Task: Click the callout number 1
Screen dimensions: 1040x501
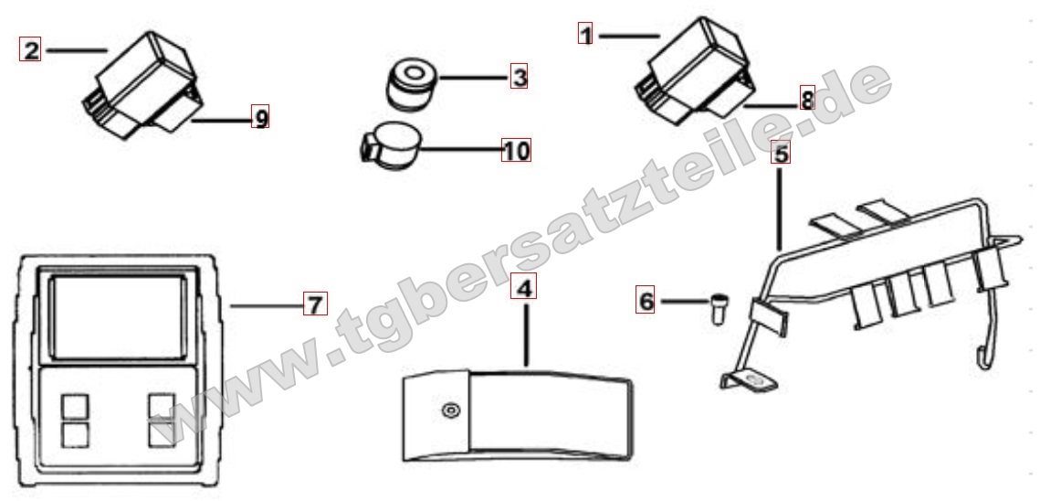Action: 585,33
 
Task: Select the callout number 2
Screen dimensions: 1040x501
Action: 30,50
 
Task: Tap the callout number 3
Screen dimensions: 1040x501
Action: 520,77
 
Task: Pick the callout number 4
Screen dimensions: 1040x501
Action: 524,288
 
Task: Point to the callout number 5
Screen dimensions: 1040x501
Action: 782,153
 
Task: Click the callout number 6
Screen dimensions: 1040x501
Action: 646,301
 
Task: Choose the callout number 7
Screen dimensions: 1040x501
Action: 315,304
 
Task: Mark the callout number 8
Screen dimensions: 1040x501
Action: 807,100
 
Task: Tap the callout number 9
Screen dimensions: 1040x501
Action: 260,117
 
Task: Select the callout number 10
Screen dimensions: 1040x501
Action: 516,150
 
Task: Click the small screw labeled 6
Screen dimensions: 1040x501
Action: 718,308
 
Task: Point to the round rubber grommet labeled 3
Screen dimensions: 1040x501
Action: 411,84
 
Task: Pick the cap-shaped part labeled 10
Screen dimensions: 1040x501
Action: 392,147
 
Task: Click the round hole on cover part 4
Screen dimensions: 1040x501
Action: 451,410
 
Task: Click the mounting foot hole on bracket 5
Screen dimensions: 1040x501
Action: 751,380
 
